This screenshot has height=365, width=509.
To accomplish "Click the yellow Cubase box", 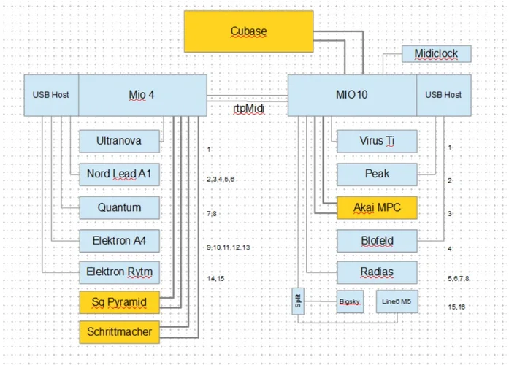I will [248, 31].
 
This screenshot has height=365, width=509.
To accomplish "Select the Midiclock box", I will [437, 53].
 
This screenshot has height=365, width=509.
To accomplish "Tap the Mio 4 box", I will [142, 95].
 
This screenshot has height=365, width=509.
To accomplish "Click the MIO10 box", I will [352, 95].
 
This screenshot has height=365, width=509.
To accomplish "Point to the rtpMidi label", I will [248, 108].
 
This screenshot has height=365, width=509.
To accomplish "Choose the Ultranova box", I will [119, 140].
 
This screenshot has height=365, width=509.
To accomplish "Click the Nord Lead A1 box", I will [119, 174].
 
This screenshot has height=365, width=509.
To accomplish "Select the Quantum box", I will [119, 207].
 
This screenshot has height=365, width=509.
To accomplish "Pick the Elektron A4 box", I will [119, 240].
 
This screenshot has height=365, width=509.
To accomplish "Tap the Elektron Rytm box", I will [119, 273].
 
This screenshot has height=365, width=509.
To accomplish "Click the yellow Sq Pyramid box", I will [119, 301].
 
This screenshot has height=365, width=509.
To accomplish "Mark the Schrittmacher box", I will [119, 331].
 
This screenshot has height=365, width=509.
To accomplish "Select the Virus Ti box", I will [377, 141].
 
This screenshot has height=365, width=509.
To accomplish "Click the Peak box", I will [377, 174].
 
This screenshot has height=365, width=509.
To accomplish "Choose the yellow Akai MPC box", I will [377, 207].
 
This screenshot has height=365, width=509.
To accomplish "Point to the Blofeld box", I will [377, 240].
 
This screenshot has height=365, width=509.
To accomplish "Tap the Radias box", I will [377, 273].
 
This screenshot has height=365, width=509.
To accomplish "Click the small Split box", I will [298, 301].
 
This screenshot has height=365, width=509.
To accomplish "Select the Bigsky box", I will [350, 301].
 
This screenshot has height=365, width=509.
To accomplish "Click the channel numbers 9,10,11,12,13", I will [229, 248].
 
